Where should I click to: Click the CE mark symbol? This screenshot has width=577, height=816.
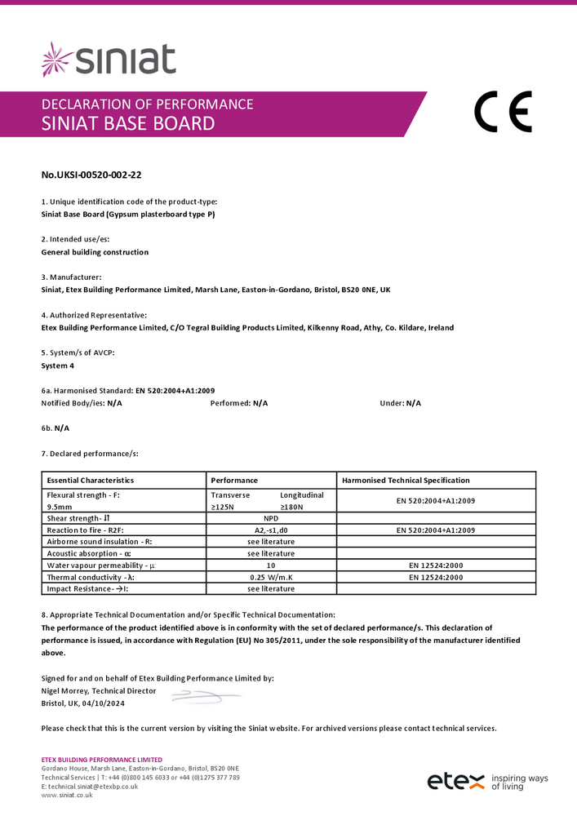coord(503,112)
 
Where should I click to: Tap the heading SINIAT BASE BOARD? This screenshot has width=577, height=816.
coord(128,124)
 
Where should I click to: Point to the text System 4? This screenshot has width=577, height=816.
coord(57,366)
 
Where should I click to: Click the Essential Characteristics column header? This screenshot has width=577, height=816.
coord(91,481)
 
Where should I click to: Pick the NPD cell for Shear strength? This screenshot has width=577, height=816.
coord(271,518)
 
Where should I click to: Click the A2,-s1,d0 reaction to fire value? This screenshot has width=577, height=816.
coord(271,530)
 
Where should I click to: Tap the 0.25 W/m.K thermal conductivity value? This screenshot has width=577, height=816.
coord(271,577)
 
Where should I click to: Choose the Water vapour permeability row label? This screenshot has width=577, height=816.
coord(102,565)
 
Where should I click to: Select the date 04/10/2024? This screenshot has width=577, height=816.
coord(104,703)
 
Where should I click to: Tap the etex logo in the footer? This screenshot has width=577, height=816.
coord(456,782)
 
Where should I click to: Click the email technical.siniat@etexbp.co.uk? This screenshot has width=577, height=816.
coord(92,786)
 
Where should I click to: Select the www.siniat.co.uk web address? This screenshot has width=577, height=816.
coord(67,795)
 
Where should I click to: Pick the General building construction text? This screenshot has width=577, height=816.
coord(95,252)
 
